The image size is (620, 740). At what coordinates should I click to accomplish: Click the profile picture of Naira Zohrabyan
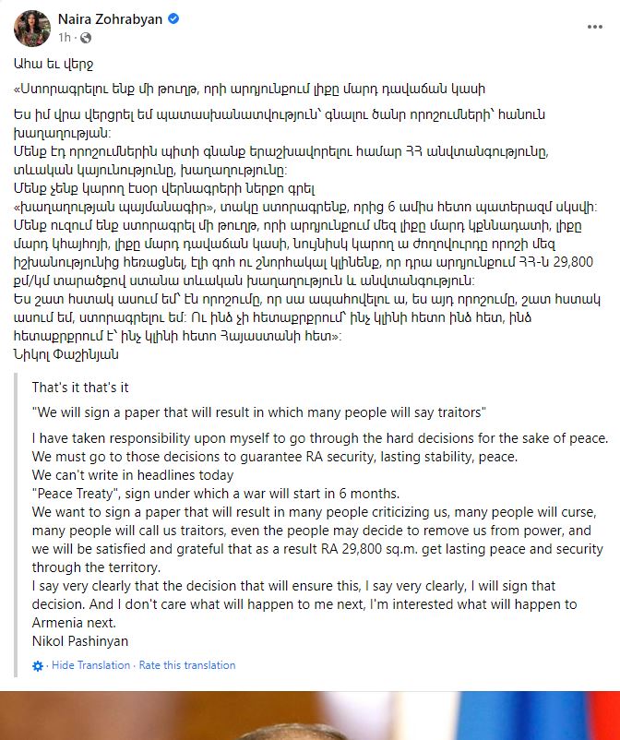pos(31,29)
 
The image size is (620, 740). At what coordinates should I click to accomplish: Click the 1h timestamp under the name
pos(65,38)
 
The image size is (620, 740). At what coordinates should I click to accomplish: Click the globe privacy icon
pos(86,38)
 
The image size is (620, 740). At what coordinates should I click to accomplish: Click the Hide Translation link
pos(91,665)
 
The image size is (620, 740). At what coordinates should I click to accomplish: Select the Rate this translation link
pos(187,665)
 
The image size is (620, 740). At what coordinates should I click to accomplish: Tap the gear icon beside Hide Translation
pos(38,665)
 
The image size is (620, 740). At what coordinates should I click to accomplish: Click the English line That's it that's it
pos(80,387)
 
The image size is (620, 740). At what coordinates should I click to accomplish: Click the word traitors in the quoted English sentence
pos(459,412)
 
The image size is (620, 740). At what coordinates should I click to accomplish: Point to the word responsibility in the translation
pos(137,436)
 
